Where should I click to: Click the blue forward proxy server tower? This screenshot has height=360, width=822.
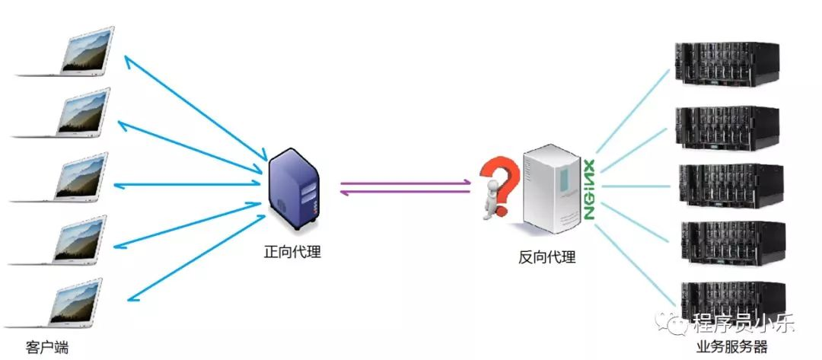[293, 190]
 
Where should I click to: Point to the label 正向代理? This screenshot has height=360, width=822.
[292, 251]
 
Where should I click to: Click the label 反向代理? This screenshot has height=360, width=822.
[547, 257]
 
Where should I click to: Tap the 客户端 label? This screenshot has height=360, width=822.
[47, 347]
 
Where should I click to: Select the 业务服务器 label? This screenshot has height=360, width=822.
[732, 347]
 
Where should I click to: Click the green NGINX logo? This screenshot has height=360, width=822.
[588, 189]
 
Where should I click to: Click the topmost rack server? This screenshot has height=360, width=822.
[727, 64]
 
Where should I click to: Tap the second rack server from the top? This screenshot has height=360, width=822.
[727, 128]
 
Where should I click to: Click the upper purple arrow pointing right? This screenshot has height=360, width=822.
[405, 183]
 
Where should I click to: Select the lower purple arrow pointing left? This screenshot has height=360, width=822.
[405, 192]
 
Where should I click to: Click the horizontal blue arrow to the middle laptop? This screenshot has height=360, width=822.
[187, 184]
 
